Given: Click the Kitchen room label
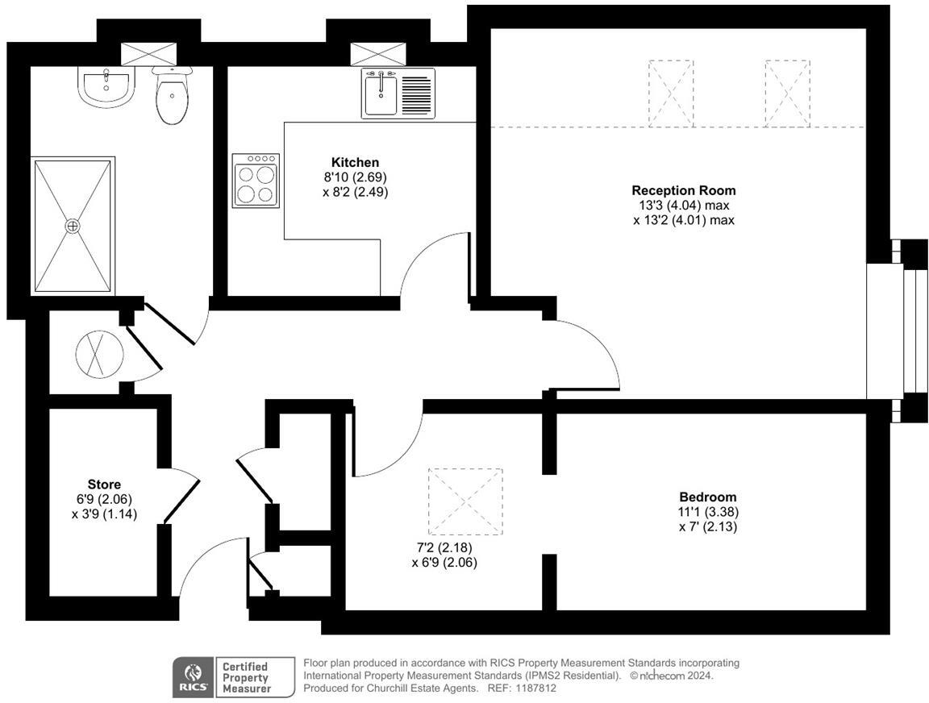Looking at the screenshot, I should (355, 163).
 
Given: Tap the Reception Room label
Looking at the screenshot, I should (683, 191).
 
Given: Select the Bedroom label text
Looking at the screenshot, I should (707, 497).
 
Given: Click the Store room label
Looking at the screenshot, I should (104, 485).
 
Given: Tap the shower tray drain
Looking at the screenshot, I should (73, 226).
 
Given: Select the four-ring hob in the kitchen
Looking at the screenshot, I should (256, 181).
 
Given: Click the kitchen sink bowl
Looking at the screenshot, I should (380, 94).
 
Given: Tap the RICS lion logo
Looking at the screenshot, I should (193, 677).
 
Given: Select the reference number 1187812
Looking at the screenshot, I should (535, 688).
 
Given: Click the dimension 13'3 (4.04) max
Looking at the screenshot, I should (683, 205).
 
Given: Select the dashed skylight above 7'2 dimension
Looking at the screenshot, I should (464, 501).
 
